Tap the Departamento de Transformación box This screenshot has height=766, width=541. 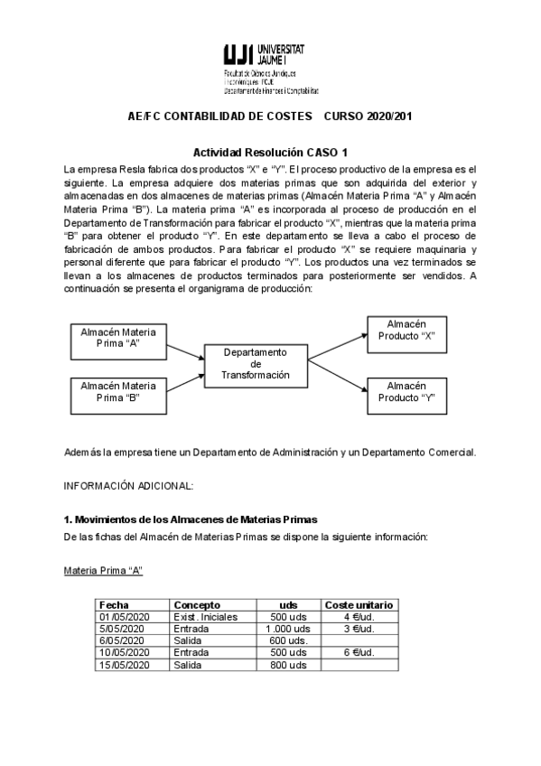tap(256, 363)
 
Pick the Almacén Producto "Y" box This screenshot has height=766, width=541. tap(406, 391)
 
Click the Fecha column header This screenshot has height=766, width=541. tap(114, 604)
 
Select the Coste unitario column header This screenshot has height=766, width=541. tap(359, 604)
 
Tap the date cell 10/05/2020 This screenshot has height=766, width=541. tap(124, 652)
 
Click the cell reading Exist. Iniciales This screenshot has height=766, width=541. tap(206, 617)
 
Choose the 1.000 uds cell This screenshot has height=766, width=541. tap(288, 629)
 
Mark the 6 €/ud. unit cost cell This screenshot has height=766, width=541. tap(359, 652)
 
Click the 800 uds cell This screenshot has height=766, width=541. tap(290, 665)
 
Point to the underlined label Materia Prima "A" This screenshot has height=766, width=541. tap(103, 571)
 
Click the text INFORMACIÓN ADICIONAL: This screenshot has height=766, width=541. tap(127, 485)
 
